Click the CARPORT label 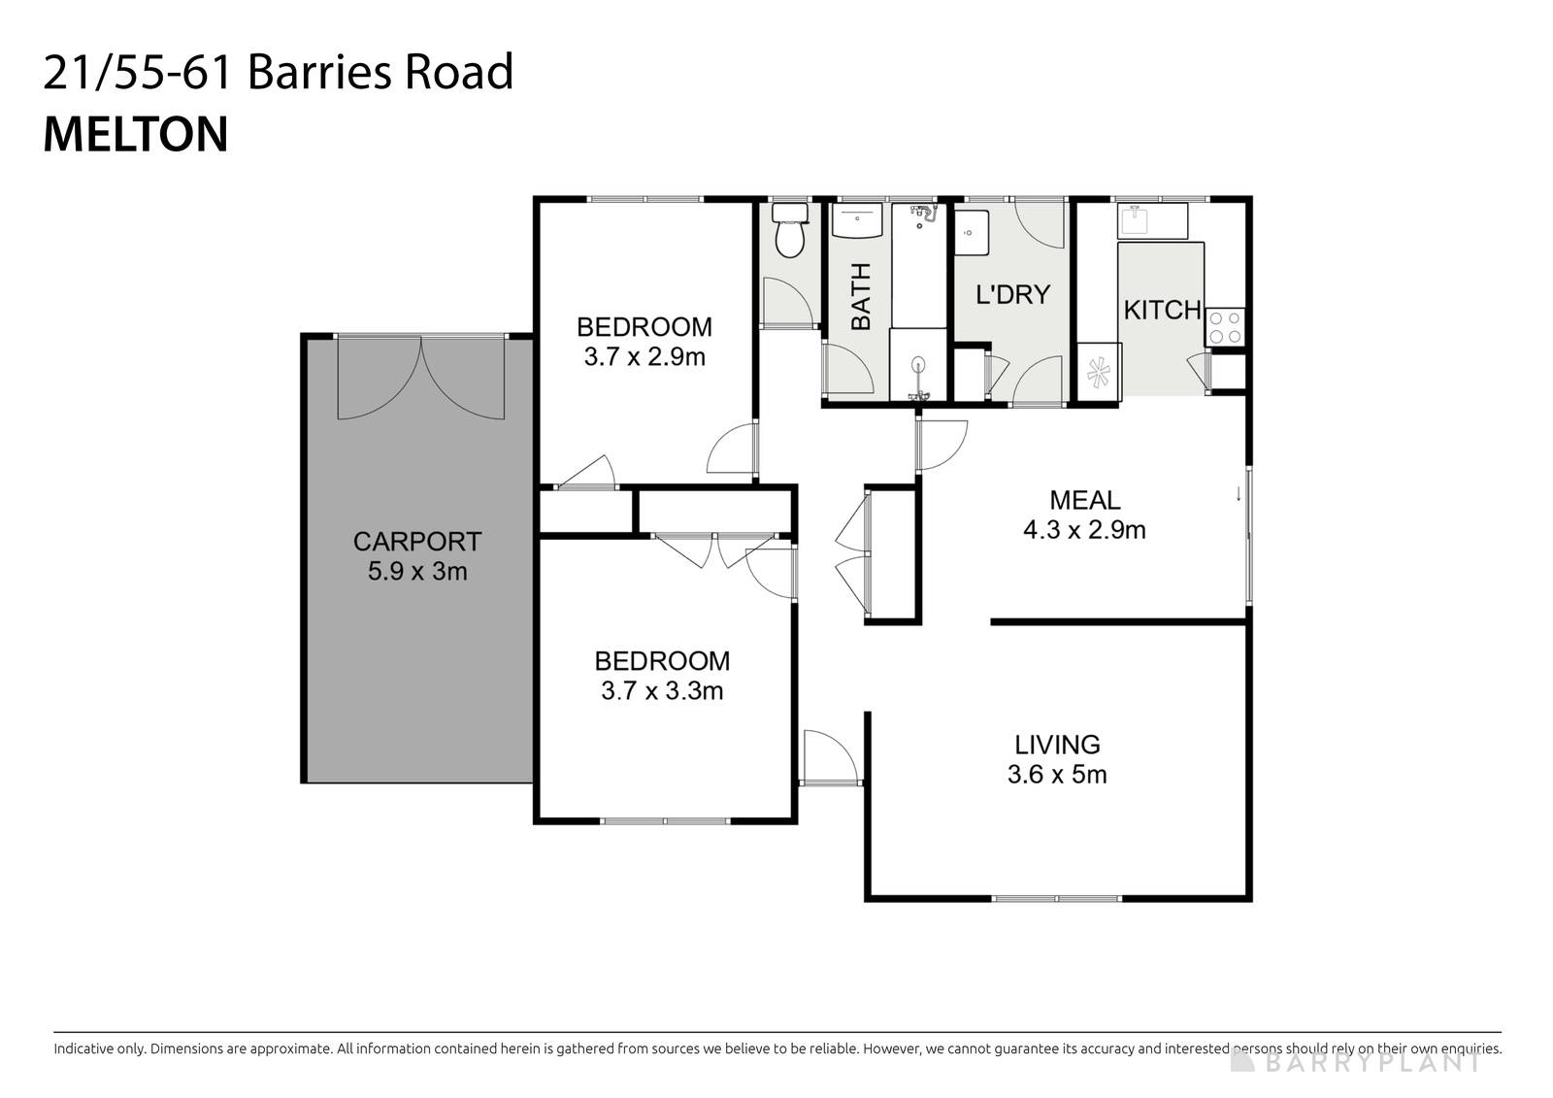(417, 541)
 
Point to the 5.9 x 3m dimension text (417, 572)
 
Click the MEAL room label (1085, 500)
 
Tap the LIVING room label (1057, 745)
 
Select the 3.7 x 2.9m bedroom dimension (644, 357)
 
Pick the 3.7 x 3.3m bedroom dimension (662, 691)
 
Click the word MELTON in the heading (136, 135)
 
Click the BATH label (861, 297)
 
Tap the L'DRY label (1012, 294)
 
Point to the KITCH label (1162, 311)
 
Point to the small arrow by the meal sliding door (1239, 493)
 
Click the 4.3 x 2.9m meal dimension (1084, 530)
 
